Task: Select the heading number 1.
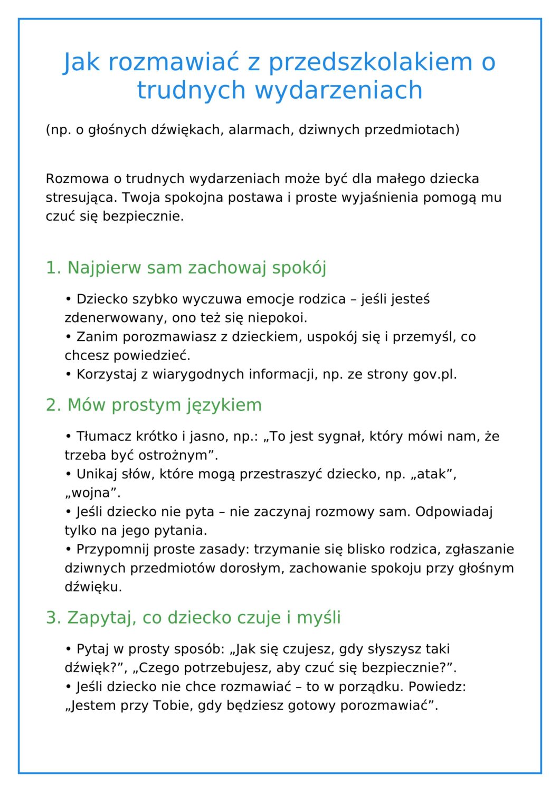tap(53, 268)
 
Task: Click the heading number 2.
tap(53, 405)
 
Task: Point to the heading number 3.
tap(53, 618)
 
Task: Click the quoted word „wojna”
tap(92, 493)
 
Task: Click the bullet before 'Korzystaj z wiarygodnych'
tap(69, 374)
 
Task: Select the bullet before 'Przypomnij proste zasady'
tap(69, 549)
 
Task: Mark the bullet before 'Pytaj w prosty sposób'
tap(69, 649)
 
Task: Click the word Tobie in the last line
tap(173, 706)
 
